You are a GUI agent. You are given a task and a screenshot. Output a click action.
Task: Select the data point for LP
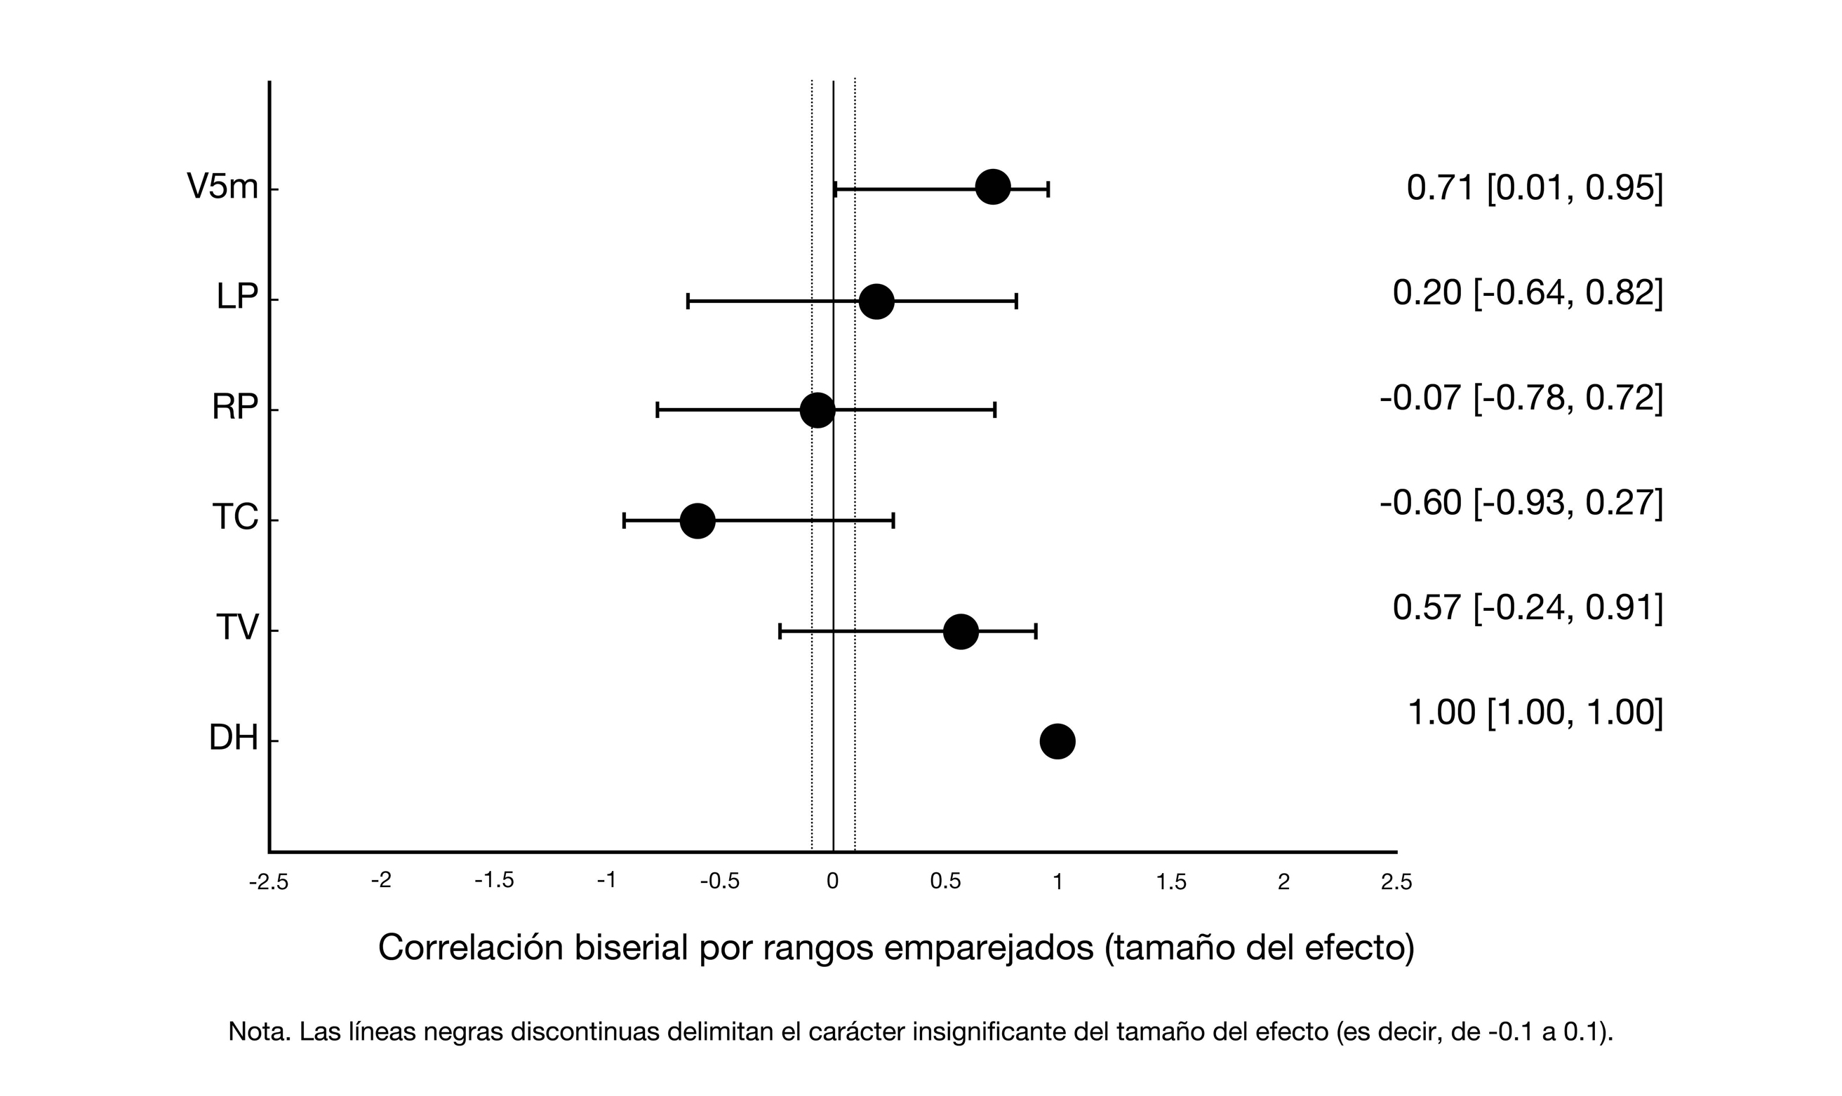[x=876, y=302]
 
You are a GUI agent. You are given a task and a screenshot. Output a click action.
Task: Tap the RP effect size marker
[x=817, y=410]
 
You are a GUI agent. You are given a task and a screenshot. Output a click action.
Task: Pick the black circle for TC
[x=697, y=521]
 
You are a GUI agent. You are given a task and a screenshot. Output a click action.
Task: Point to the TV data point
[x=961, y=632]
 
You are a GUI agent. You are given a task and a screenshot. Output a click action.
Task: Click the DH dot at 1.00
[x=1057, y=740]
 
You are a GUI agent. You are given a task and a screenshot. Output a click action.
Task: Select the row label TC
[x=235, y=517]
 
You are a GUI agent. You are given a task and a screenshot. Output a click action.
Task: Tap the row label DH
[x=234, y=738]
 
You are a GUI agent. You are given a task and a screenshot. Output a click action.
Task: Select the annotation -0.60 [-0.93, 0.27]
[x=1521, y=503]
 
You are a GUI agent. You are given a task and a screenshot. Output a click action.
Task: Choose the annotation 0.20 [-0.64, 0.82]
[x=1527, y=293]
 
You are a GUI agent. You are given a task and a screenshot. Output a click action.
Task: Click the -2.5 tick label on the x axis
[x=269, y=883]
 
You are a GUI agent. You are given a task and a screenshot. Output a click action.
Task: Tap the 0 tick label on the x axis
[x=833, y=881]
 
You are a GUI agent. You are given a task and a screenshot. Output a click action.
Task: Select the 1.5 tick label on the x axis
[x=1171, y=882]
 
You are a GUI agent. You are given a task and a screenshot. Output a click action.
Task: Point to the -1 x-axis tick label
[x=606, y=880]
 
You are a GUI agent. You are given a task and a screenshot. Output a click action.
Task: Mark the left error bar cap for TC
[x=625, y=521]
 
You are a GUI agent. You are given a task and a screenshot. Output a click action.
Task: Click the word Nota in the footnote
[x=258, y=1031]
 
